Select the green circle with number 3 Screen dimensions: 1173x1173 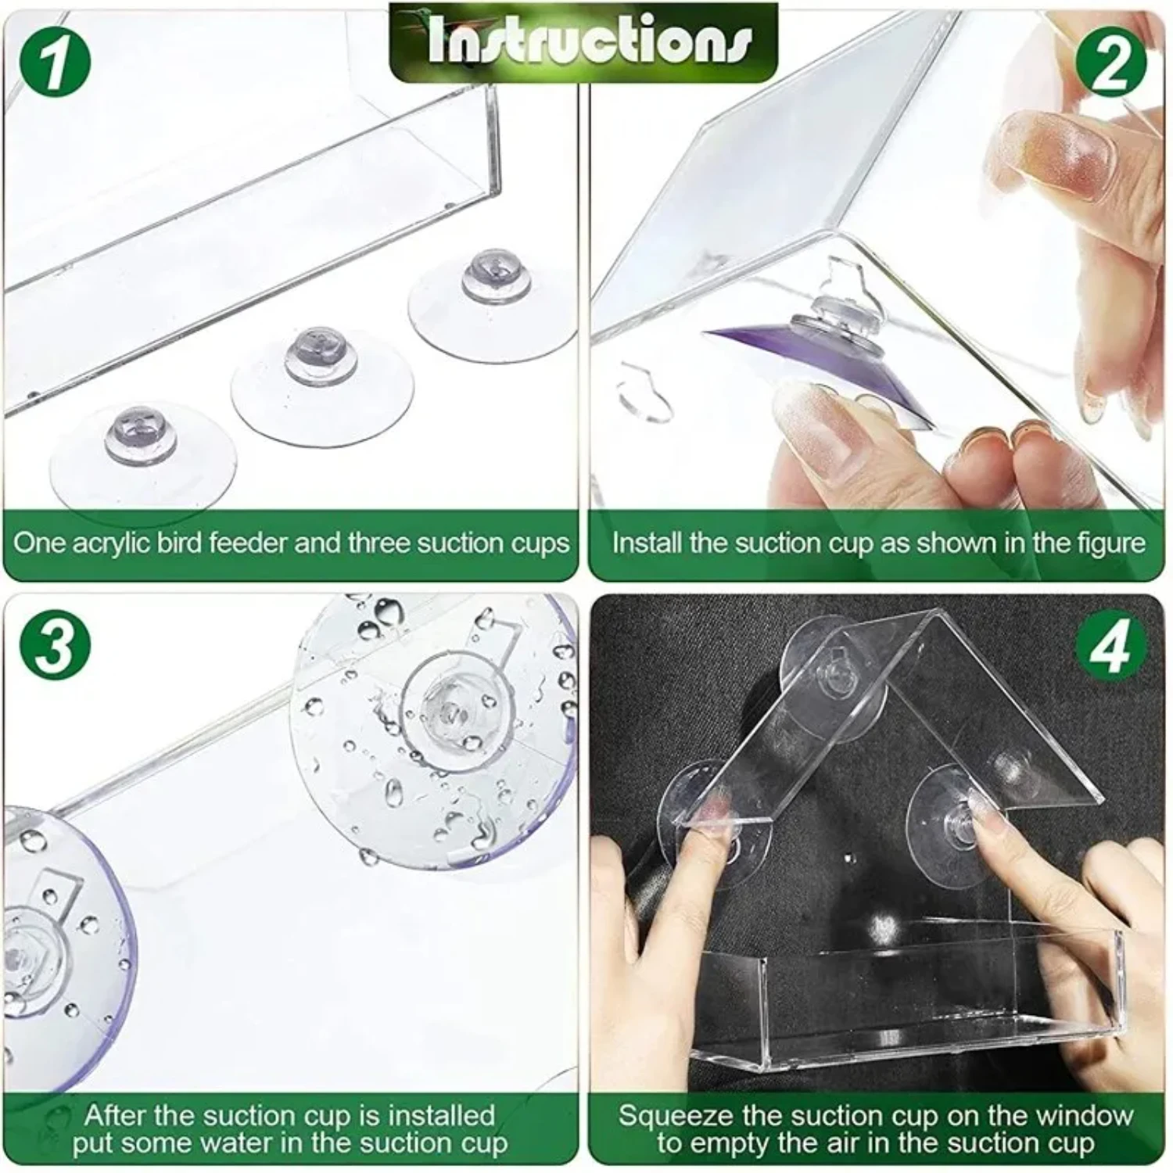[55, 646]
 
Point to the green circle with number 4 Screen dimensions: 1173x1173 [1111, 646]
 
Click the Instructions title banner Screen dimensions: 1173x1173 [584, 41]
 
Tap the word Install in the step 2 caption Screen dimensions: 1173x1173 [647, 543]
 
